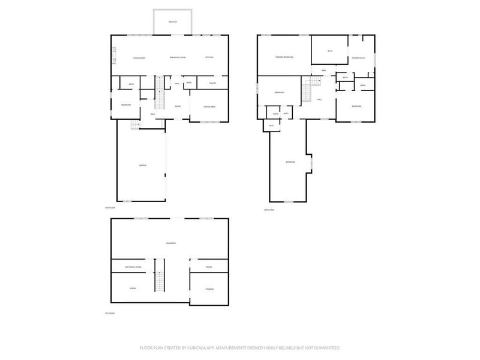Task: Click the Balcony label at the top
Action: tap(173, 22)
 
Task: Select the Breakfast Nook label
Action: tap(177, 58)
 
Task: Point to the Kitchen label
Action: tap(209, 58)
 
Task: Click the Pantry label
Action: tap(212, 83)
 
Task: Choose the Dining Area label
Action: tap(210, 107)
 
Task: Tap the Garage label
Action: tap(143, 165)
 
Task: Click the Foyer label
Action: tap(178, 106)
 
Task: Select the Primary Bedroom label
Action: tap(284, 57)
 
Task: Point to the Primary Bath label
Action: tap(359, 58)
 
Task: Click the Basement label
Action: tap(171, 243)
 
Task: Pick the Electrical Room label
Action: tap(133, 266)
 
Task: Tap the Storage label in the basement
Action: tap(209, 289)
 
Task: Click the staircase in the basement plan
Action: tap(160, 277)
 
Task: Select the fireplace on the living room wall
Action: tap(113, 55)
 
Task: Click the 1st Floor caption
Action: tap(109, 314)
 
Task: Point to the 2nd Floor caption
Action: tap(109, 208)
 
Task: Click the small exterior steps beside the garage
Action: tap(136, 125)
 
